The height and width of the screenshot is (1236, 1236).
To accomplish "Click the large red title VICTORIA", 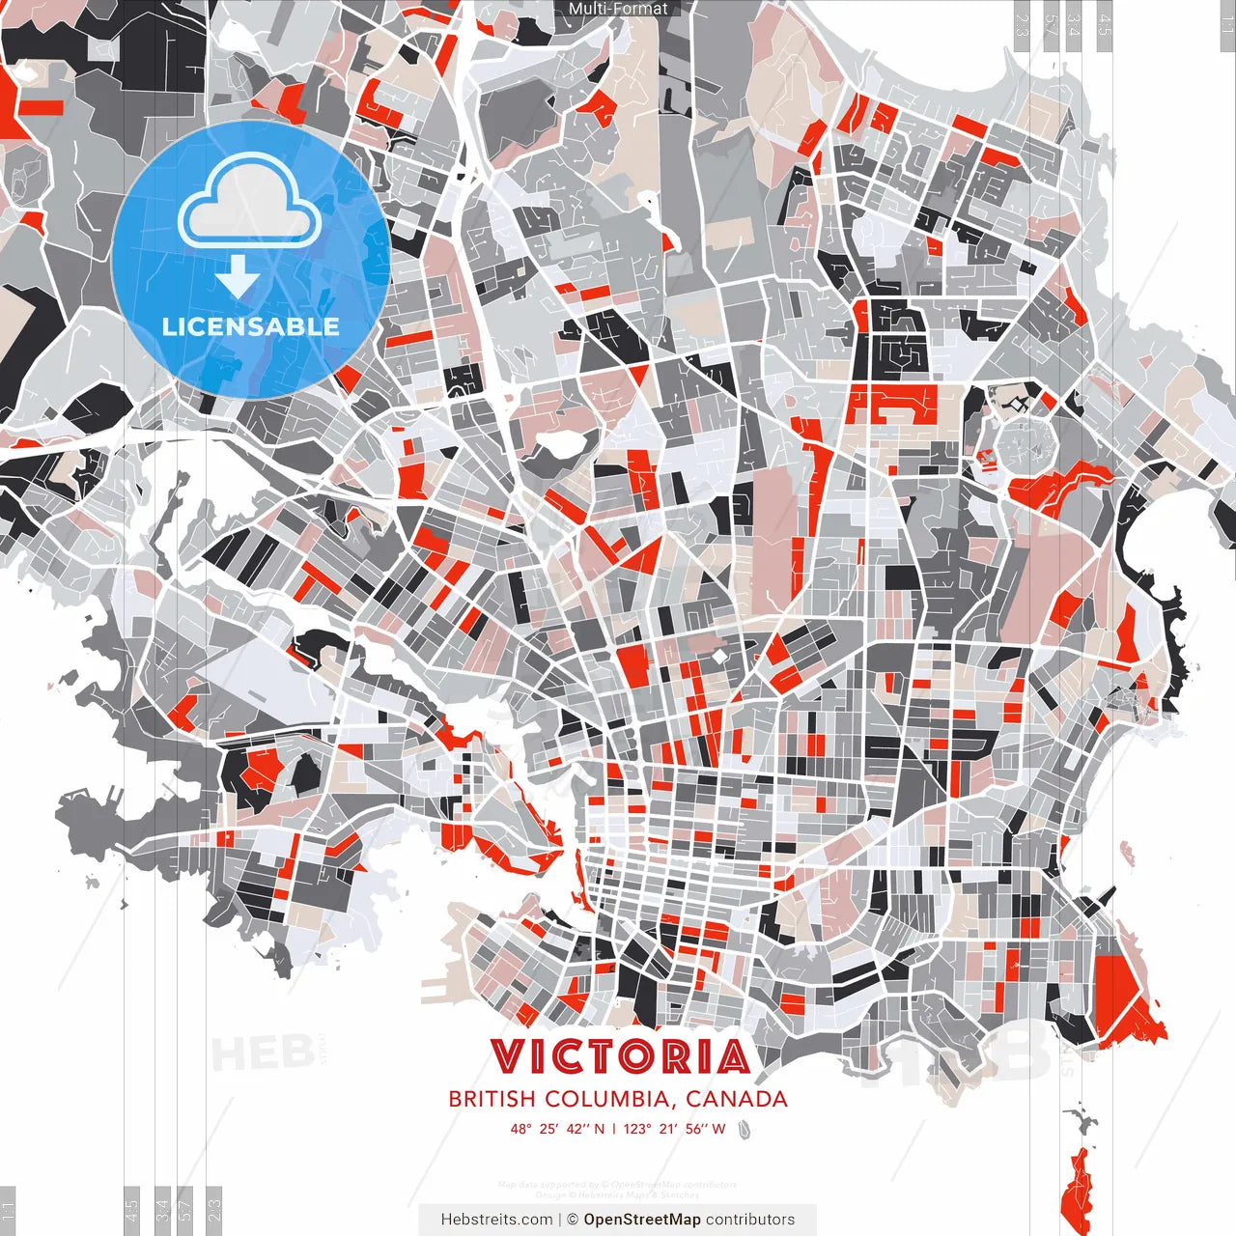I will tap(619, 1056).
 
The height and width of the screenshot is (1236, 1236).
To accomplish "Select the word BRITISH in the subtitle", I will tap(492, 1099).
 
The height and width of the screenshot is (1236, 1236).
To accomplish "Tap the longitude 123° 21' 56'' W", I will tap(674, 1129).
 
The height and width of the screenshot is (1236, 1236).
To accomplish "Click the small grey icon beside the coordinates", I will tap(744, 1129).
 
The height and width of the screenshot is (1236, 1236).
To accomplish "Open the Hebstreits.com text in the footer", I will tap(496, 1220).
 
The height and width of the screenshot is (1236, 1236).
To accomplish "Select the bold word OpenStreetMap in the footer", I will tap(642, 1220).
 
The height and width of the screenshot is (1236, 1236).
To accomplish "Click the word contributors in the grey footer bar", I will tap(750, 1220).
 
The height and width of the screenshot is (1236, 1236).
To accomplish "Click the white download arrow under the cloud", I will tap(238, 277).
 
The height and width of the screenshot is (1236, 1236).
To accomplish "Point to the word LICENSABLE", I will tap(250, 326).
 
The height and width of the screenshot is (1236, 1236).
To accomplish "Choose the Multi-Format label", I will tap(618, 9).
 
